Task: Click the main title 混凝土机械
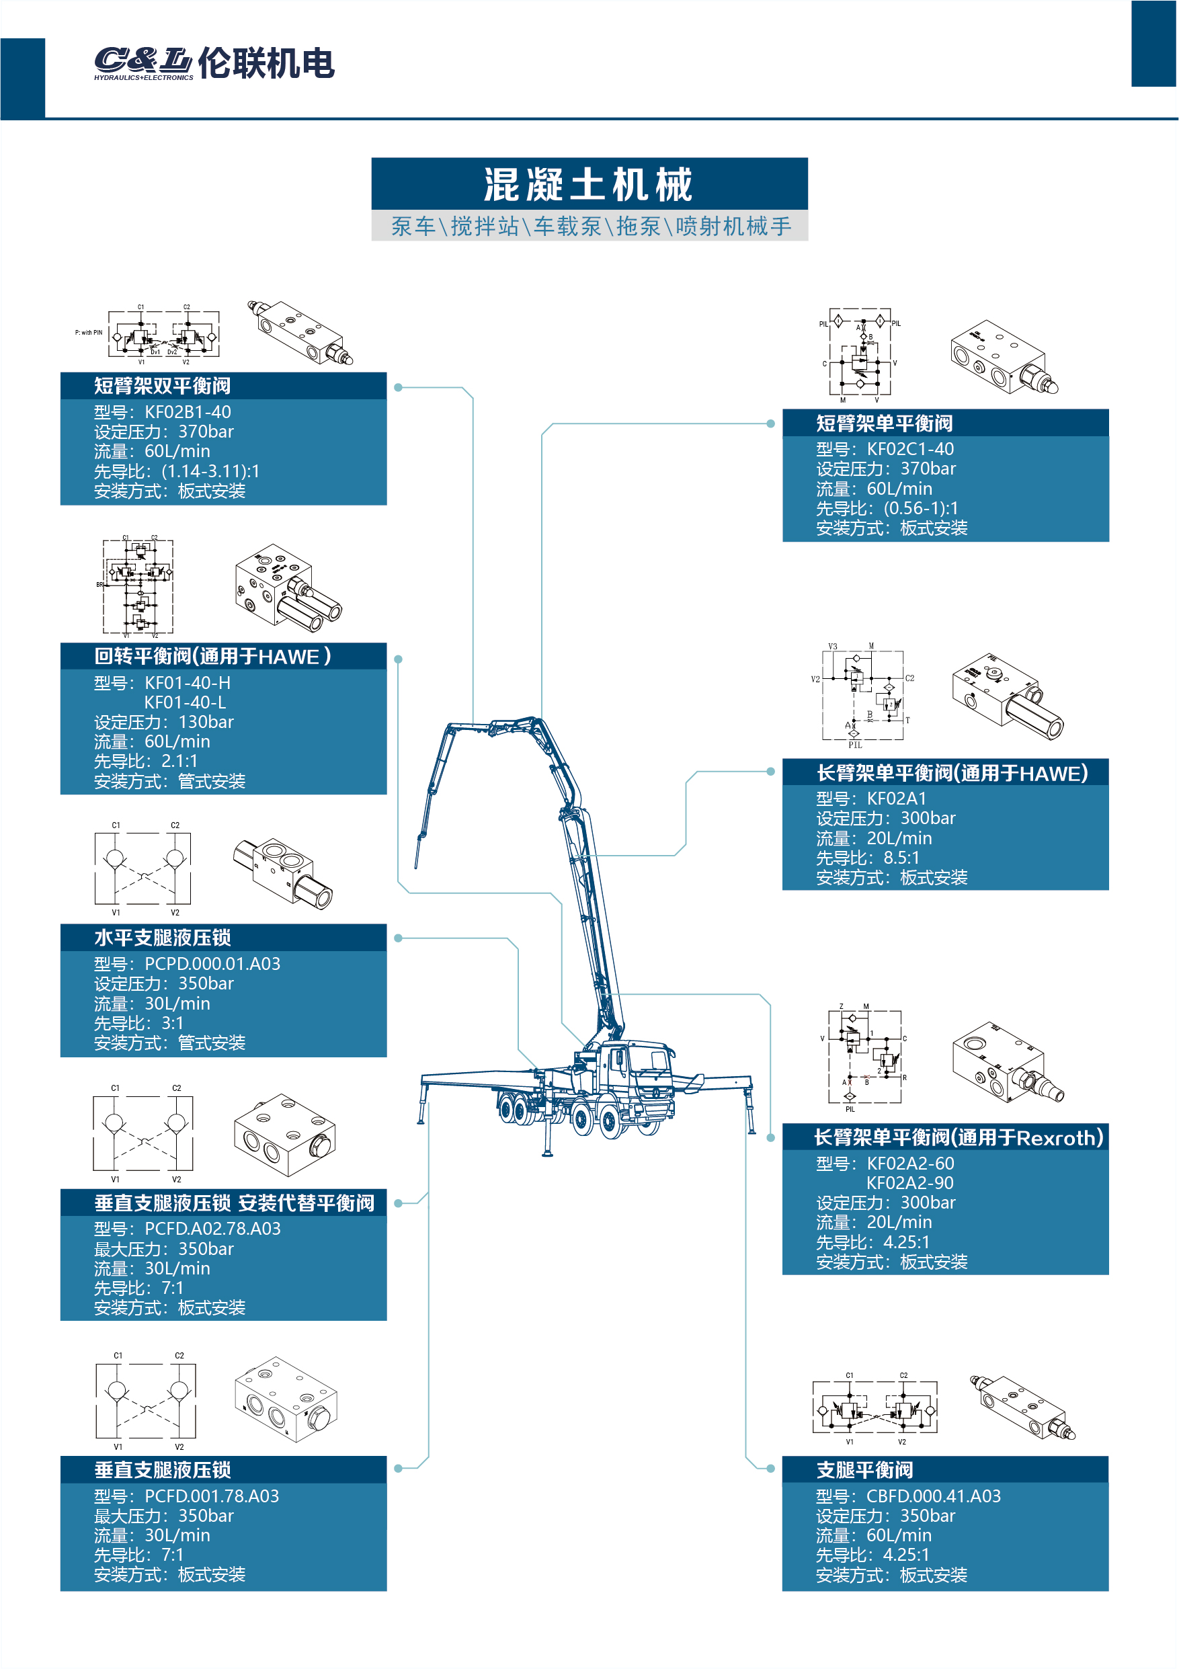(589, 184)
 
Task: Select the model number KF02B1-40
(188, 412)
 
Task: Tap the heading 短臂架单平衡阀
(884, 423)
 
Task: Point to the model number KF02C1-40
(910, 449)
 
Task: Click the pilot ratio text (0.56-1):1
(921, 508)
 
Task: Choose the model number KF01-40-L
(185, 702)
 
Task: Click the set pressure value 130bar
(206, 722)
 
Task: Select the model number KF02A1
(896, 798)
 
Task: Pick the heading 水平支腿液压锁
(162, 938)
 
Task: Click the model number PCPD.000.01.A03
(212, 964)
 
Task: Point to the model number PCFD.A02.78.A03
(212, 1229)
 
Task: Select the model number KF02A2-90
(909, 1183)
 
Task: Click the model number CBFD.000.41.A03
(933, 1496)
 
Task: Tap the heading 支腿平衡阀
(864, 1470)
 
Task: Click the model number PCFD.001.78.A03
(212, 1496)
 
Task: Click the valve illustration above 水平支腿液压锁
(284, 872)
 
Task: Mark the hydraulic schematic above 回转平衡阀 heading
(138, 587)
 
